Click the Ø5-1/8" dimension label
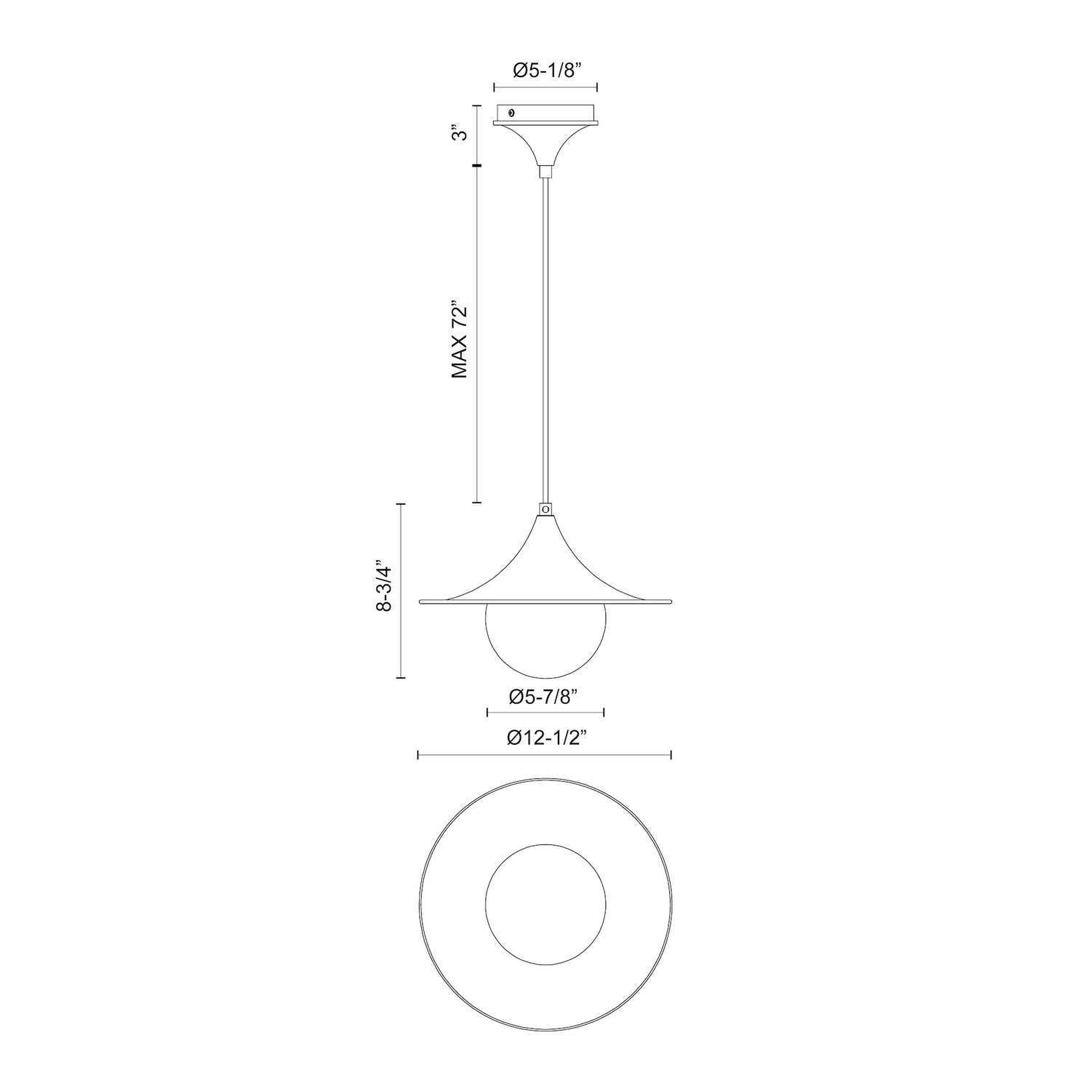(545, 70)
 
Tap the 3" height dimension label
(459, 135)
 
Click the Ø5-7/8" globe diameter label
(544, 697)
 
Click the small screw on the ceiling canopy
(511, 113)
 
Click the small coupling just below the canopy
(545, 172)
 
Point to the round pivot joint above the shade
(545, 510)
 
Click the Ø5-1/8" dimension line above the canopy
(545, 87)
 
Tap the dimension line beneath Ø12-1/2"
(544, 756)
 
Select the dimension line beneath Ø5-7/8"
(545, 712)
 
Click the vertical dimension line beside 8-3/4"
(399, 590)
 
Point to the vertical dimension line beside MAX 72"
(477, 335)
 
